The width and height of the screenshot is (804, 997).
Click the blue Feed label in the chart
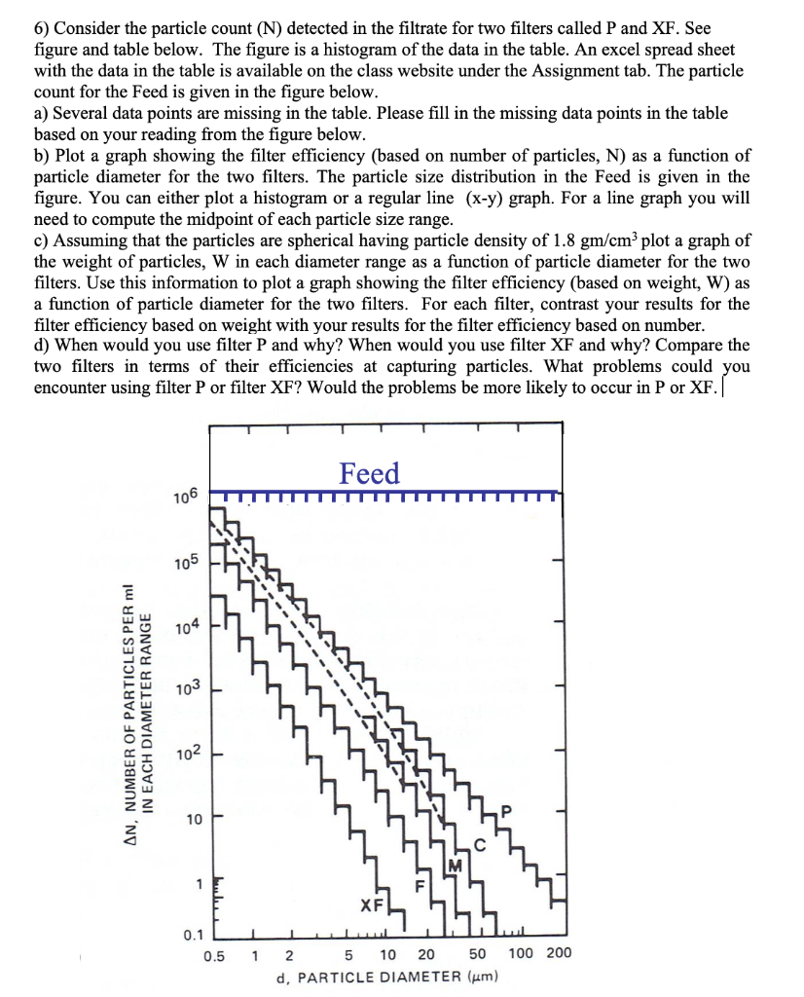pyautogui.click(x=369, y=473)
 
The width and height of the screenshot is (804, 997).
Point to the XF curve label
pyautogui.click(x=371, y=905)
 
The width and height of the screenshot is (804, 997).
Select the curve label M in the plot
pyautogui.click(x=455, y=865)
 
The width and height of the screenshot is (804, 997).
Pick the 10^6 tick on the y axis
pyautogui.click(x=185, y=498)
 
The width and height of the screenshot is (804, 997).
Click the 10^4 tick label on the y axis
pyautogui.click(x=185, y=626)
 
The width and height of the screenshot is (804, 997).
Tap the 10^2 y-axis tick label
pyautogui.click(x=185, y=755)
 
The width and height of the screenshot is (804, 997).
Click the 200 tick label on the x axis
pyautogui.click(x=559, y=953)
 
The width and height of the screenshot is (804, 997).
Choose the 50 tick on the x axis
pyautogui.click(x=477, y=954)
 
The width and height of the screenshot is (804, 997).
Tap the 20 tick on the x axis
pyautogui.click(x=426, y=954)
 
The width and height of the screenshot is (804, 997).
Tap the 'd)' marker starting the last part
pyautogui.click(x=44, y=346)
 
